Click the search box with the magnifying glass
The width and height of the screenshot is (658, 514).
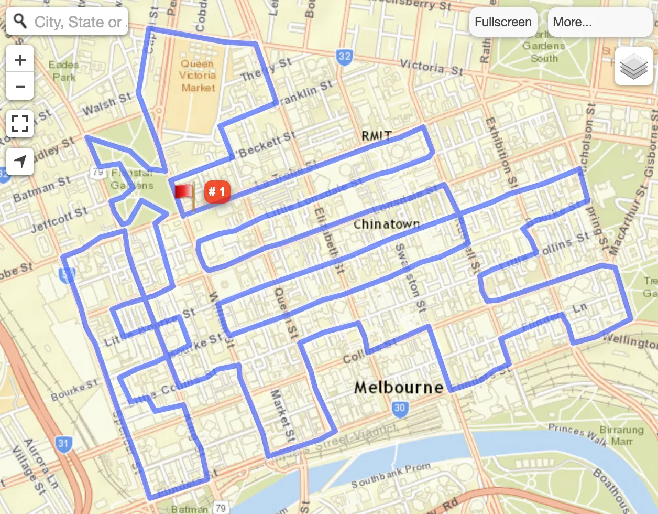tap(68, 22)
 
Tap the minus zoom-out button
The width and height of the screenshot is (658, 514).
tap(20, 86)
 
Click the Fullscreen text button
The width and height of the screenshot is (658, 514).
tap(503, 22)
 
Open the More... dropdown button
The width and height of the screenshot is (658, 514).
tap(599, 22)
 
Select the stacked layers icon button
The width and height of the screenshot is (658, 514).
tap(633, 66)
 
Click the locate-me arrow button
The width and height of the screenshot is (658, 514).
tap(20, 162)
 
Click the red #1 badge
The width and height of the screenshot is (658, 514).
tap(217, 192)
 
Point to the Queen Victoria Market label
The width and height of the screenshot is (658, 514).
tap(198, 76)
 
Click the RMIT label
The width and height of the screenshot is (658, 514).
tap(376, 136)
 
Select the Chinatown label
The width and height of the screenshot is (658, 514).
tap(387, 224)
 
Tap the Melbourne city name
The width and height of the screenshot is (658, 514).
tap(399, 388)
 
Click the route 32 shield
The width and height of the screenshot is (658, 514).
tap(344, 57)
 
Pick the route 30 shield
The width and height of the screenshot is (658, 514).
tap(400, 408)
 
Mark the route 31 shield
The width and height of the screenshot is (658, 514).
tap(63, 443)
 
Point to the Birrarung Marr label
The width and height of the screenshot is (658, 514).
tap(621, 435)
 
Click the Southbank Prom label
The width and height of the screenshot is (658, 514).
tap(391, 475)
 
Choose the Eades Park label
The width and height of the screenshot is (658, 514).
tap(64, 71)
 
